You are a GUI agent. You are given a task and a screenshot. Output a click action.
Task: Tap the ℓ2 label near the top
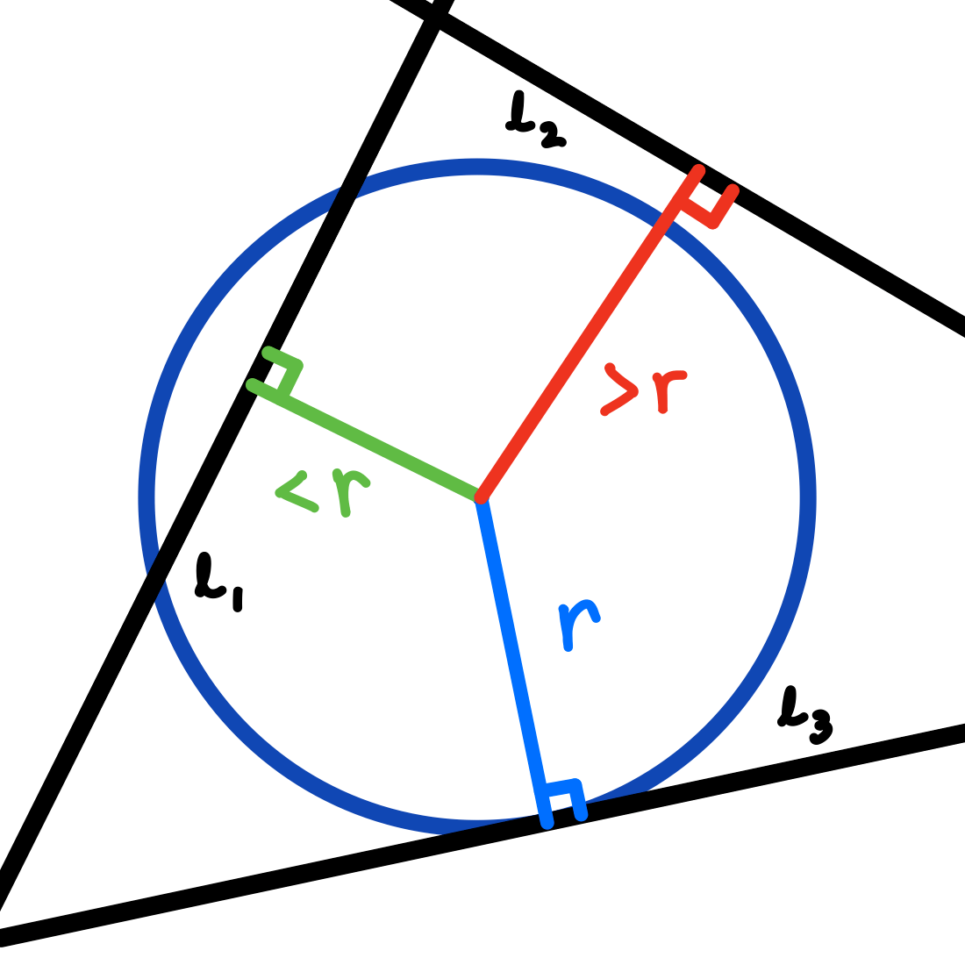click(x=534, y=120)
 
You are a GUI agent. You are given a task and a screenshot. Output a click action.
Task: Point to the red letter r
click(x=668, y=391)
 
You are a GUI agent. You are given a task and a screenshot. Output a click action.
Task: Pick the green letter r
click(x=350, y=492)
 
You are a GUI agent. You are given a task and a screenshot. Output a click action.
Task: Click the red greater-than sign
click(x=620, y=390)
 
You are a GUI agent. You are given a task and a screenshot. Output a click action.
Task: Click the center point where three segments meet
click(x=480, y=497)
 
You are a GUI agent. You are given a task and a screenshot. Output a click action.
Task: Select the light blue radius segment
click(x=513, y=658)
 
